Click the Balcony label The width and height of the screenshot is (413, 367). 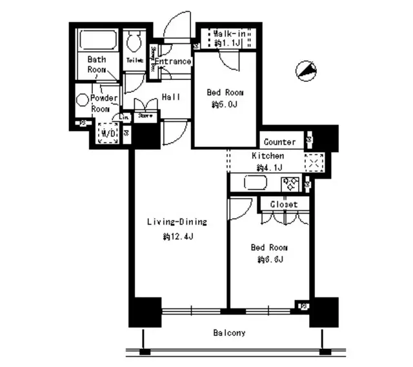tap(228, 333)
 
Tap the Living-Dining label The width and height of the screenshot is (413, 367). tap(176, 223)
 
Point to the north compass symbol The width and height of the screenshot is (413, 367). tap(306, 70)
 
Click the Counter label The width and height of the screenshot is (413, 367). tap(279, 142)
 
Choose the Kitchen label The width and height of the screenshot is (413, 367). tap(267, 156)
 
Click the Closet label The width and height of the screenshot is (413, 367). tap(284, 204)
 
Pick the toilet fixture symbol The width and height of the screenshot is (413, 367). tap(135, 43)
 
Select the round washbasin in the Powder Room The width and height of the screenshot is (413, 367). tap(83, 100)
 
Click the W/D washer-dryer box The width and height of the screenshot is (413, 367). tap(106, 134)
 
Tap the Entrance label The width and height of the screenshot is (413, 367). tap(172, 62)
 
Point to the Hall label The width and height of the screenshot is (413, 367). tap(171, 97)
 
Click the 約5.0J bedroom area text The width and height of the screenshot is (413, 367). tap(225, 104)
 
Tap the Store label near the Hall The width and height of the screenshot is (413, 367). tap(145, 117)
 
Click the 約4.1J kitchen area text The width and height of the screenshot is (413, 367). tap(267, 168)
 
